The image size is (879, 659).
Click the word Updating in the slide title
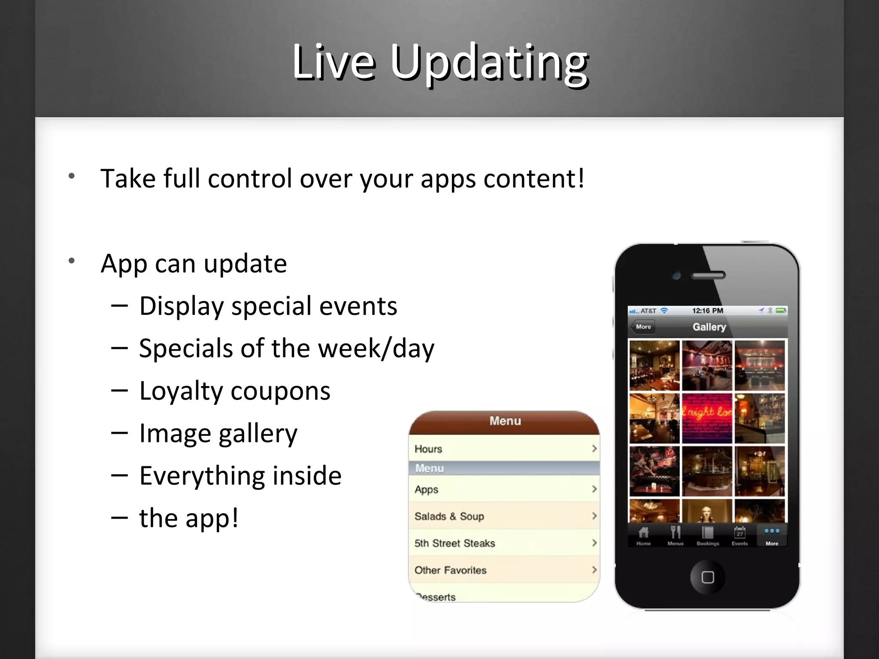(489, 63)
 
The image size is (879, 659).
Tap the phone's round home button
(707, 577)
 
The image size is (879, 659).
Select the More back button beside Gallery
(643, 327)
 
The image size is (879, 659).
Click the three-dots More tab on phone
(772, 535)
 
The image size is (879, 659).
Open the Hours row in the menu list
(504, 449)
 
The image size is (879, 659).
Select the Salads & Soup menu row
(504, 516)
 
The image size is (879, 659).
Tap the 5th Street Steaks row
(504, 543)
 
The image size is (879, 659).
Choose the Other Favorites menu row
(504, 570)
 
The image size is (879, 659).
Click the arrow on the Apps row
(594, 489)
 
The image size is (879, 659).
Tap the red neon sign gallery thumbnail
(707, 418)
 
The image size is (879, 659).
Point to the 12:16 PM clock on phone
(707, 311)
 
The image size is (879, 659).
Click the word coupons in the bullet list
(281, 391)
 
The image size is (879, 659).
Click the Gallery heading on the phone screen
(709, 327)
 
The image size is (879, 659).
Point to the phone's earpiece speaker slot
(708, 275)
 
